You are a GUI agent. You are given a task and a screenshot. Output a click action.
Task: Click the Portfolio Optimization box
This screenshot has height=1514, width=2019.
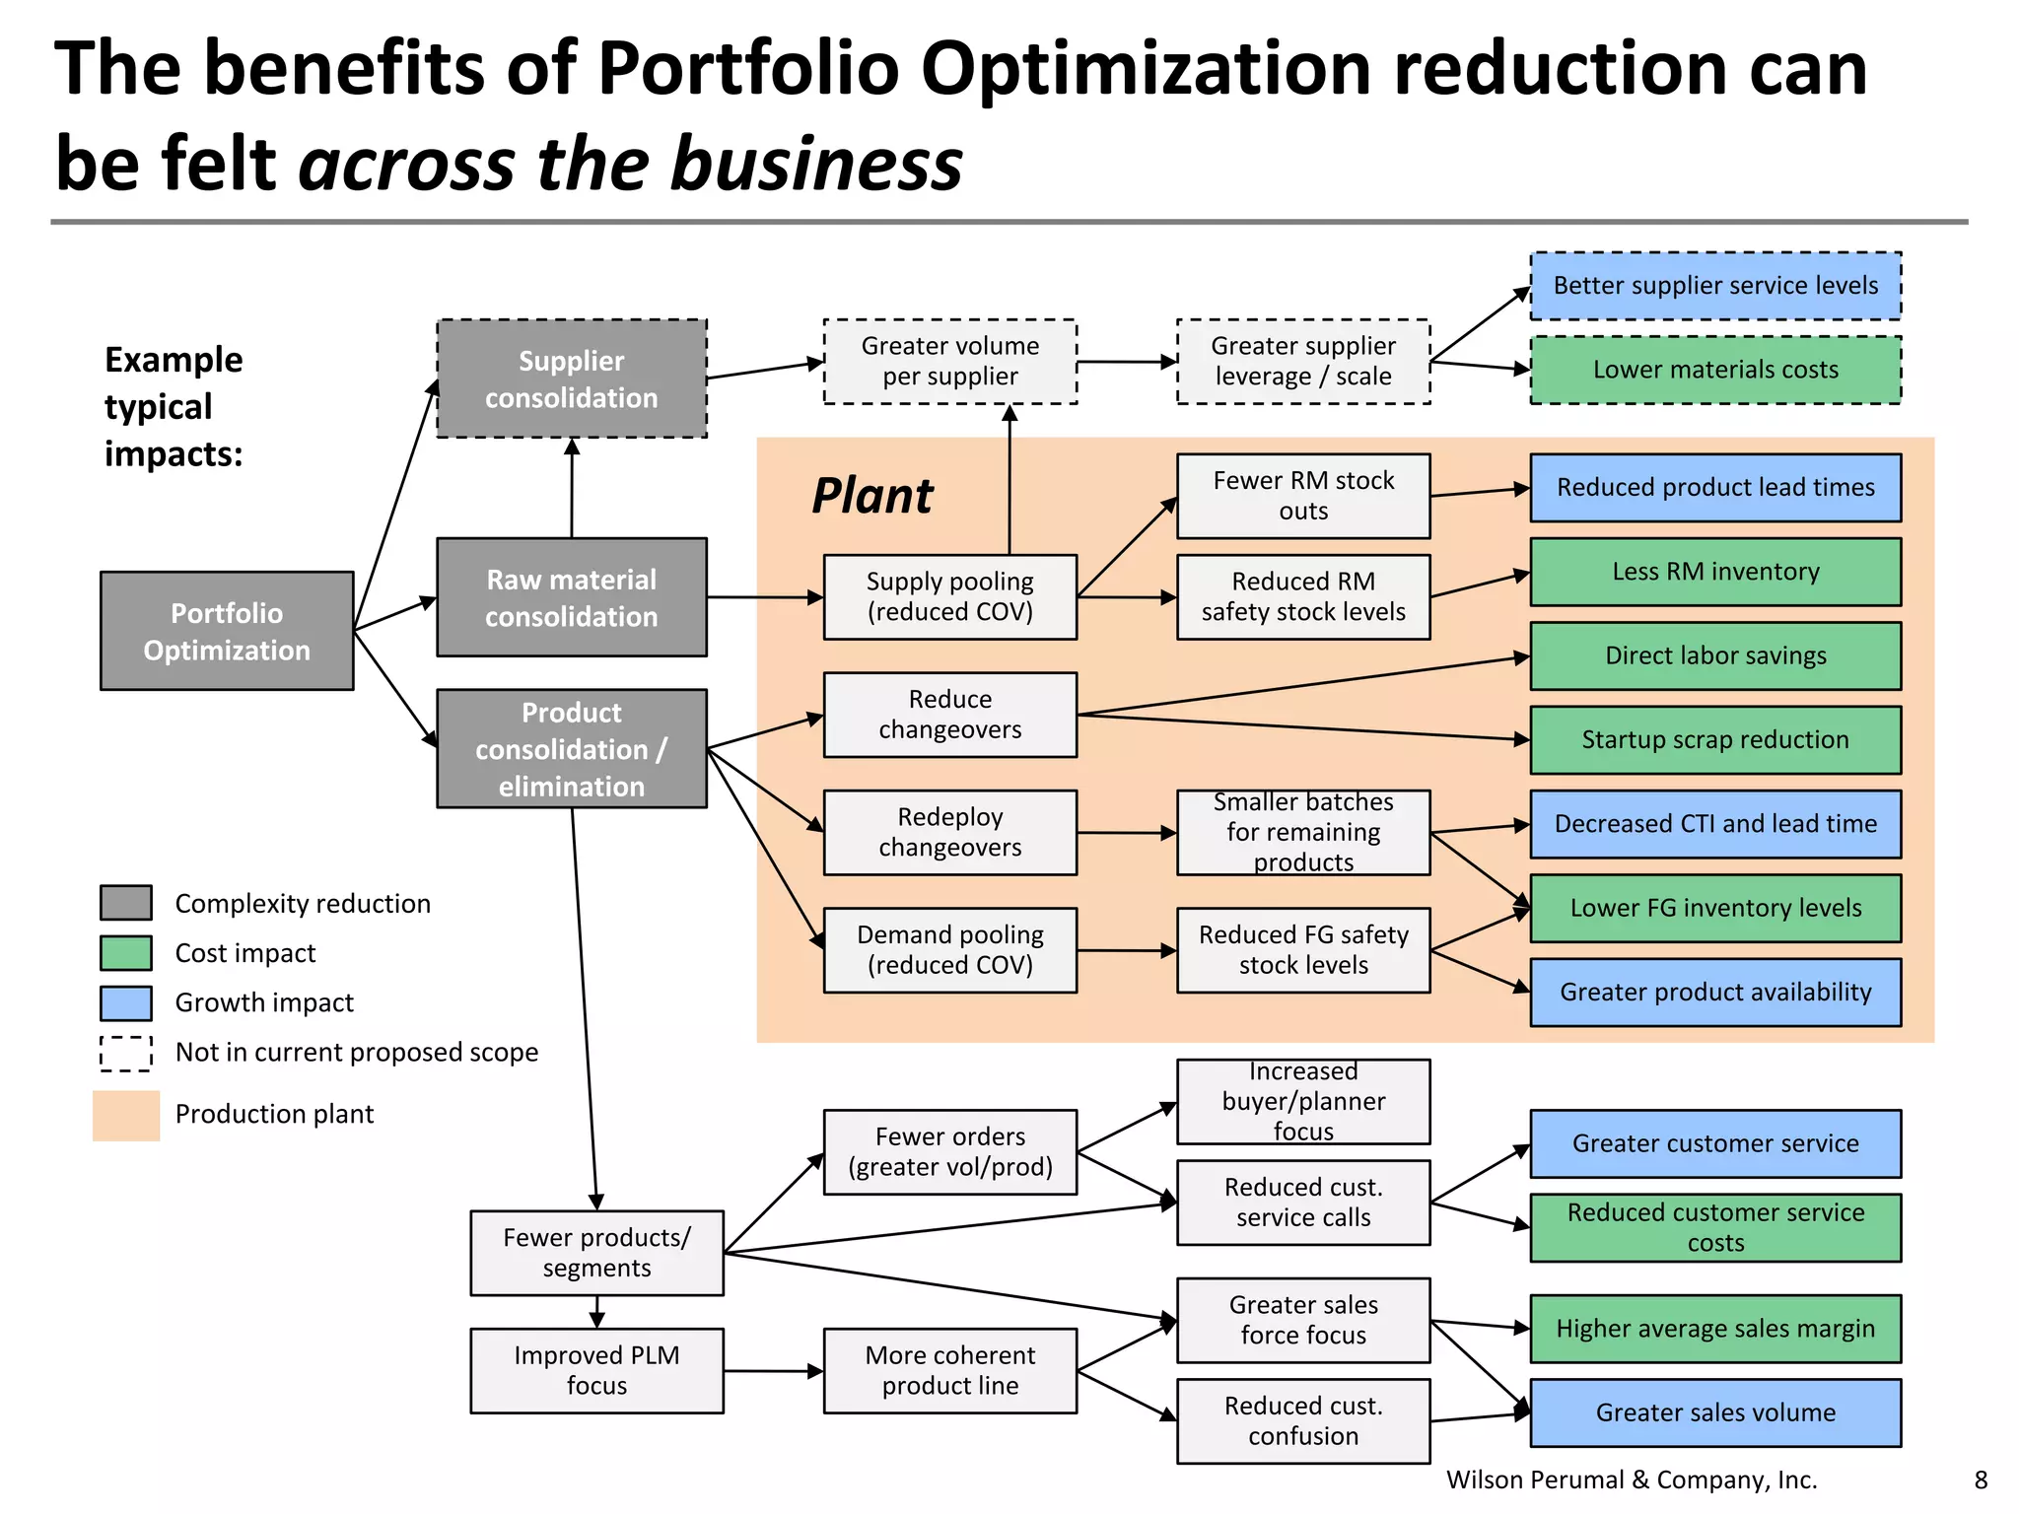pos(227,631)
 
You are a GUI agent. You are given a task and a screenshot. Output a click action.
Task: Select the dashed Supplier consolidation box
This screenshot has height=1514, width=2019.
pos(572,378)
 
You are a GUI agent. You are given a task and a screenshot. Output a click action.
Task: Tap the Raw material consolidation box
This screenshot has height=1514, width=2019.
pos(572,597)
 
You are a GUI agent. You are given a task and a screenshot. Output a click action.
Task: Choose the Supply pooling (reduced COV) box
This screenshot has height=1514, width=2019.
pos(949,597)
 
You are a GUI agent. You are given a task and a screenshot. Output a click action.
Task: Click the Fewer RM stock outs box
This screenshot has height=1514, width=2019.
pos(1303,496)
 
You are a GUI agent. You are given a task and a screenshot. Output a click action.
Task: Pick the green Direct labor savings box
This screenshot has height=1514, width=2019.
pos(1715,655)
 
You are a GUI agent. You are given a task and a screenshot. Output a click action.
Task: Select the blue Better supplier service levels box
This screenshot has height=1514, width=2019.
pos(1715,286)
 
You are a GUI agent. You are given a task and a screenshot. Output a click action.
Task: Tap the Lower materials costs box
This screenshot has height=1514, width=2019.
pos(1715,370)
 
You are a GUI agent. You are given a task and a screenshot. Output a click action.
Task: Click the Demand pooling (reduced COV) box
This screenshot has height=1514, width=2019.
pos(949,950)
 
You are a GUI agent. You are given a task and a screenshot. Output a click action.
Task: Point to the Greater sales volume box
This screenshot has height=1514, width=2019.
pos(1715,1412)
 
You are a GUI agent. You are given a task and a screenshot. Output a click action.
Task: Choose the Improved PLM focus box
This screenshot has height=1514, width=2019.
pos(596,1370)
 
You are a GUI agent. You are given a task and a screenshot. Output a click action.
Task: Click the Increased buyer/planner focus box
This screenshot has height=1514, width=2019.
pos(1303,1102)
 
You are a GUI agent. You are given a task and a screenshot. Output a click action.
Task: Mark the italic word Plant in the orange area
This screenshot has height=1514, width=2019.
pos(871,496)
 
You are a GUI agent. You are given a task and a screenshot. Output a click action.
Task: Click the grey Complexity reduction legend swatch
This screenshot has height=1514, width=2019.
pos(126,903)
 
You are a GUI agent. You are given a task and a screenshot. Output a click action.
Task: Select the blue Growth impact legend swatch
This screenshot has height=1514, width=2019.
pos(126,1003)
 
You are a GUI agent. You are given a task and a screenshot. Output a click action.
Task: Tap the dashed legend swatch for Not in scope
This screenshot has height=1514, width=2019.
pos(126,1053)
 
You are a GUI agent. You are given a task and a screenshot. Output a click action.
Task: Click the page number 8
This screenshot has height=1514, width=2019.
pos(1981,1480)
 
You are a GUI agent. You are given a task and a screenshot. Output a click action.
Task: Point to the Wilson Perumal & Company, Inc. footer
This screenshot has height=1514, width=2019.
pos(1632,1480)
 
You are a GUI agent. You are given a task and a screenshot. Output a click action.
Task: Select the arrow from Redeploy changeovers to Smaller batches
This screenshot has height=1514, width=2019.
pos(1127,833)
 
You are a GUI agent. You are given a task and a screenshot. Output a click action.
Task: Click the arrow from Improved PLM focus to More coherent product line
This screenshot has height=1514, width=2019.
pos(774,1371)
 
